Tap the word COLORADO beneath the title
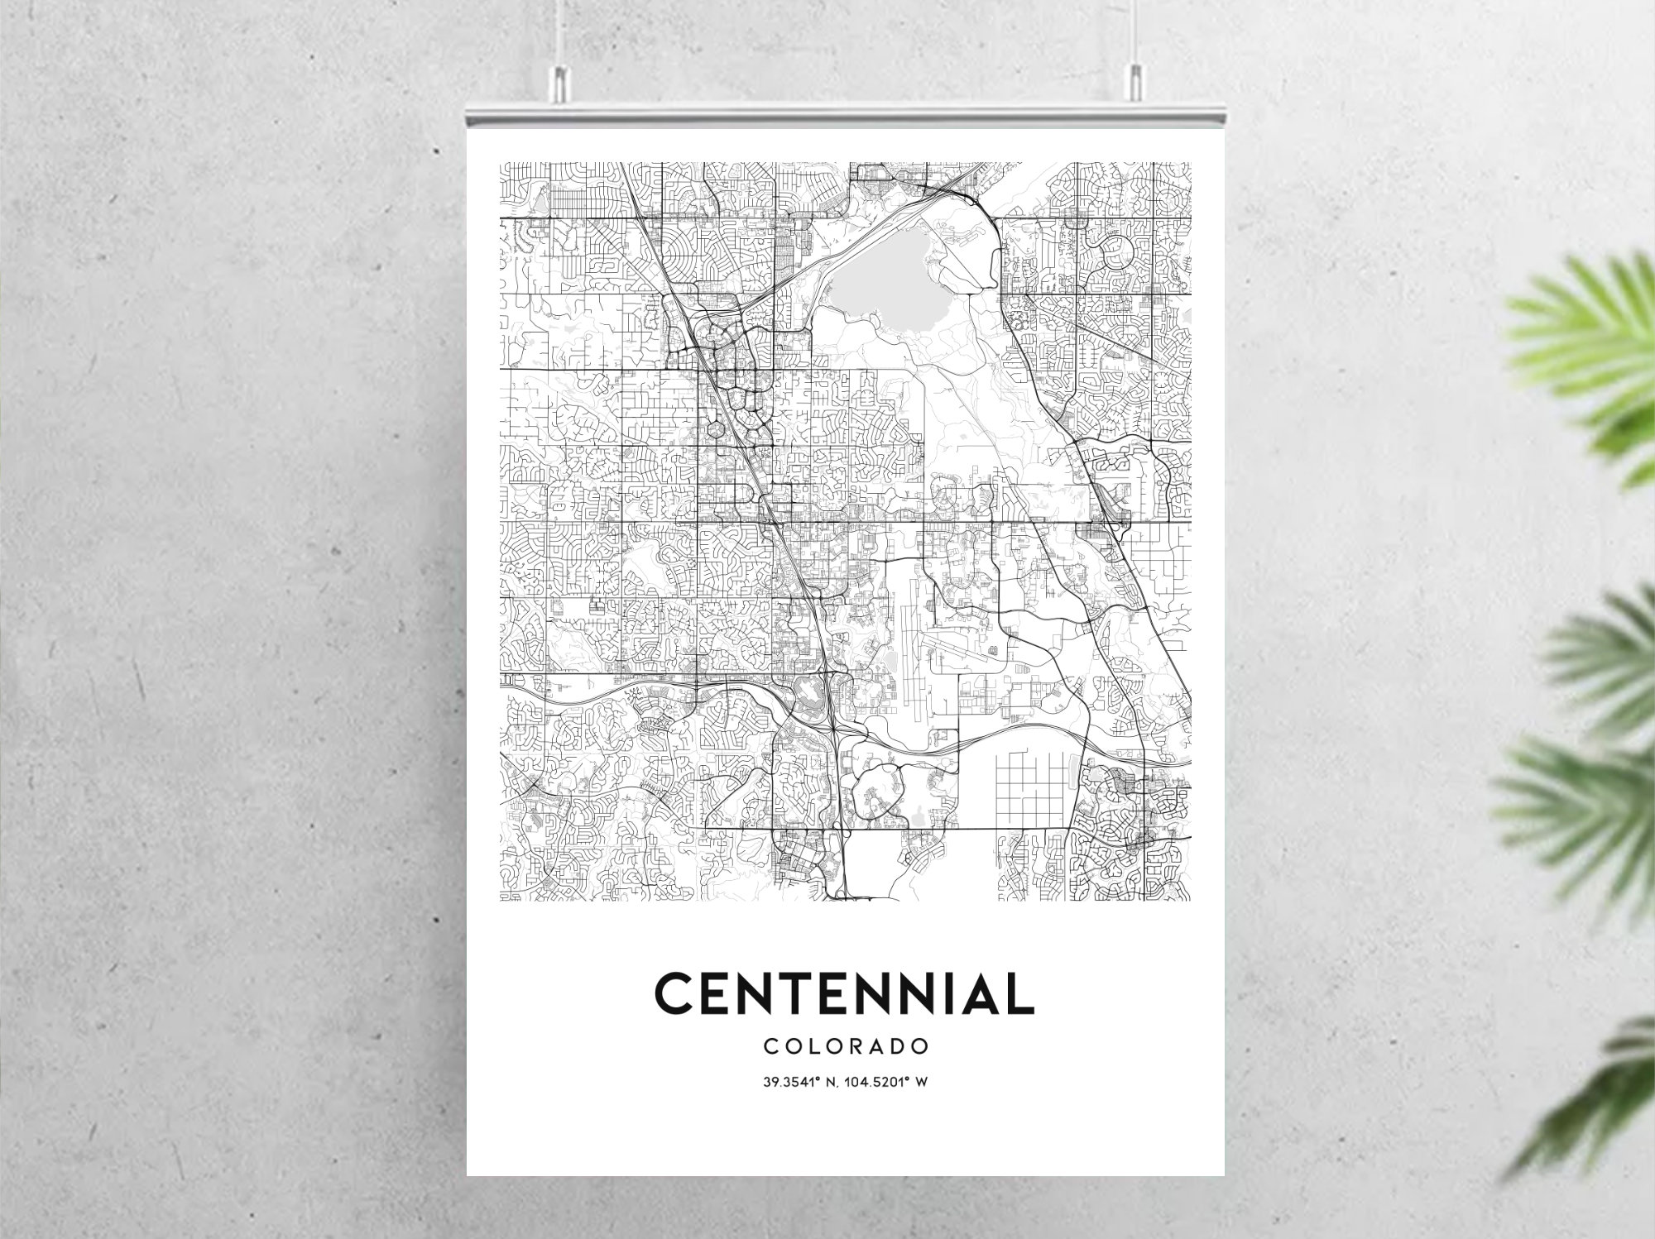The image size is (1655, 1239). click(x=845, y=1046)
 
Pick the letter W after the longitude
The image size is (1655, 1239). click(x=919, y=1081)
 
